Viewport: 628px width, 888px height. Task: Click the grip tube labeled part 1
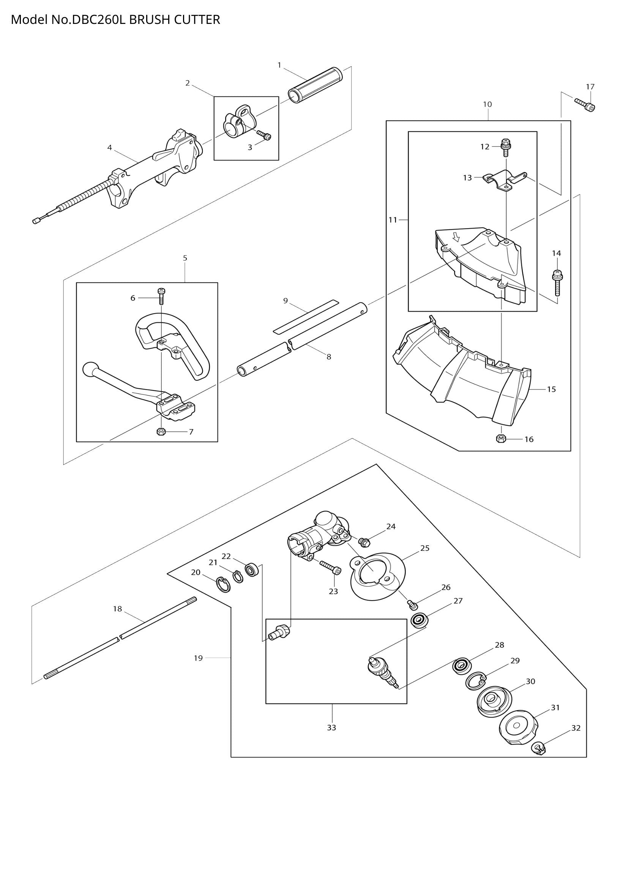pyautogui.click(x=315, y=85)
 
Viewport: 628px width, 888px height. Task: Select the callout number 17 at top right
pyautogui.click(x=590, y=87)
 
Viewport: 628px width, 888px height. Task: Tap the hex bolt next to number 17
pyautogui.click(x=585, y=104)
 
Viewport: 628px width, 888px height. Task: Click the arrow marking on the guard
pyautogui.click(x=457, y=236)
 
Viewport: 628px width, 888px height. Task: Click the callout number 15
pyautogui.click(x=551, y=389)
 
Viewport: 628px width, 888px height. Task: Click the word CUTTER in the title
pyautogui.click(x=197, y=19)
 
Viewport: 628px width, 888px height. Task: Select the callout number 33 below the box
pyautogui.click(x=331, y=727)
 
